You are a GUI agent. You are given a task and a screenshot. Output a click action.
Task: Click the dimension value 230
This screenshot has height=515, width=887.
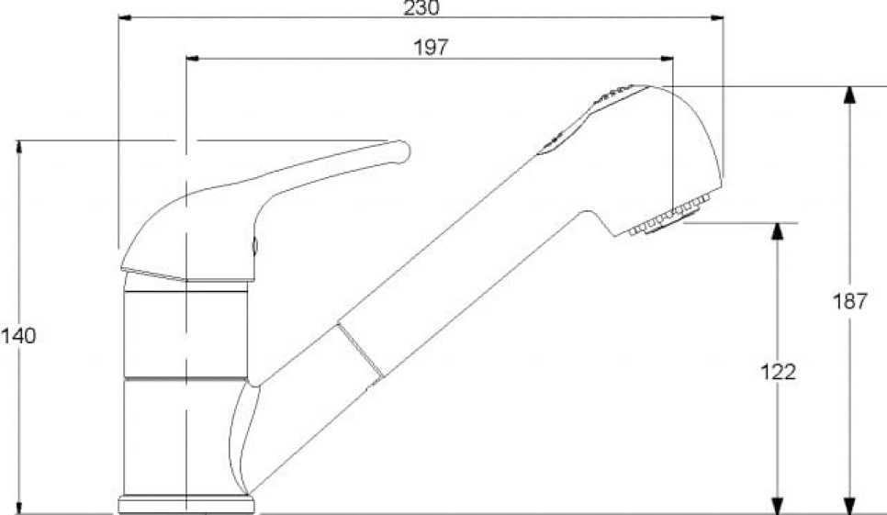coord(421,7)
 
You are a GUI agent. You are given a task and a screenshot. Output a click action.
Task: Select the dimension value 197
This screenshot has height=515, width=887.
coord(431,48)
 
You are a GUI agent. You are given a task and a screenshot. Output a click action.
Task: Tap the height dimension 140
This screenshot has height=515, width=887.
coord(18,336)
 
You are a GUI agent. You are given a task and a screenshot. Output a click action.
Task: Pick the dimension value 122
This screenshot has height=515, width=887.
coord(778,372)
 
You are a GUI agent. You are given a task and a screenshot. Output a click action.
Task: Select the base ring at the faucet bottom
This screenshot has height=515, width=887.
coord(185,505)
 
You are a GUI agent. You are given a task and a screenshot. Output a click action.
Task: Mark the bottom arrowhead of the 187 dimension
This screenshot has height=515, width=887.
coord(850,502)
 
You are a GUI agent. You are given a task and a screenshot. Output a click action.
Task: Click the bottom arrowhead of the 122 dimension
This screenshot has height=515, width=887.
coord(778,502)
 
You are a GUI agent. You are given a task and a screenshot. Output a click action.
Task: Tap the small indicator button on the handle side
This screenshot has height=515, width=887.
coord(255,246)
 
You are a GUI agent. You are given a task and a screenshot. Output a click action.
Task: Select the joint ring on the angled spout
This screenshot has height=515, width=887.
coord(360,351)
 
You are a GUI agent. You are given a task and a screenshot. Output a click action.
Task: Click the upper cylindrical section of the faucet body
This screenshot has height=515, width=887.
coord(185,333)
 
